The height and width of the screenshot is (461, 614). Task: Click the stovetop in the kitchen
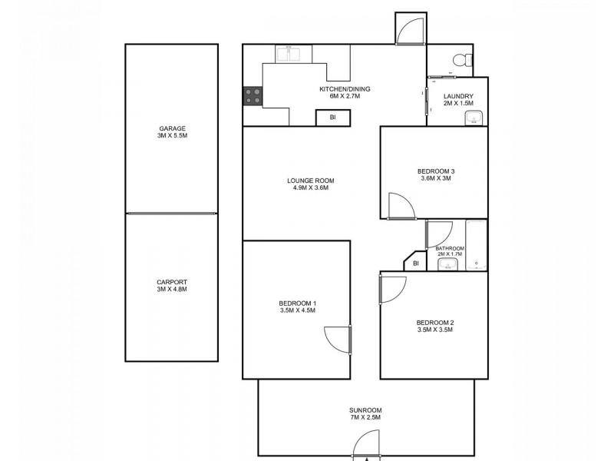253,97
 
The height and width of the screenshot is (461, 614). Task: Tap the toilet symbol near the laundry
460,60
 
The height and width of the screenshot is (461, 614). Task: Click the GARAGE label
173,129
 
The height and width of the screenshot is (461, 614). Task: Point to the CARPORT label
173,282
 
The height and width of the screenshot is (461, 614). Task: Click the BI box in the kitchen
333,118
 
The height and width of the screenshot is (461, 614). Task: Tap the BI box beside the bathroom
415,264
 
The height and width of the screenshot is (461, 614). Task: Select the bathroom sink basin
447,265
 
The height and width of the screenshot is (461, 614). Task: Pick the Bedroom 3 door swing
401,205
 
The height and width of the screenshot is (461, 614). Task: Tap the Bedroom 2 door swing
393,288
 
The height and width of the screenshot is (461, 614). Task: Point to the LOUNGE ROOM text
311,181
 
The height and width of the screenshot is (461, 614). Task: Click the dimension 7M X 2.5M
365,418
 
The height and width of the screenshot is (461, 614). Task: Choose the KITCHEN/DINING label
345,89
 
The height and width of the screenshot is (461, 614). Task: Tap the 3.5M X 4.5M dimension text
297,312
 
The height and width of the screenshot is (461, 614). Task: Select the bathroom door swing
440,234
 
